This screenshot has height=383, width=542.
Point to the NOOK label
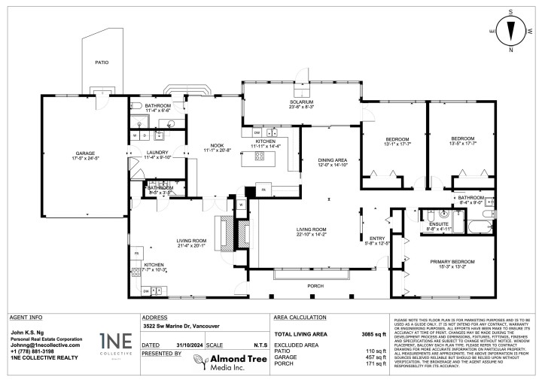(214, 147)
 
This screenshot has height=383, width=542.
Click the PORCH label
(315, 286)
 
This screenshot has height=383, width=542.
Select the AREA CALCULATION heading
(300, 317)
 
